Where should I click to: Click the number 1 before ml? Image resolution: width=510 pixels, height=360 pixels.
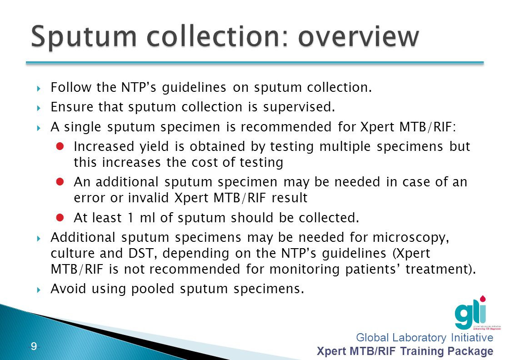[x=130, y=218]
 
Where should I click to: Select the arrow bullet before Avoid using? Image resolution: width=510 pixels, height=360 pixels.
[x=39, y=289]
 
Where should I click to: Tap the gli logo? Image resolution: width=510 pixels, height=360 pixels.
[x=470, y=313]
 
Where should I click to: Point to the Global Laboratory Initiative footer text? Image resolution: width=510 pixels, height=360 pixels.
[x=425, y=338]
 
